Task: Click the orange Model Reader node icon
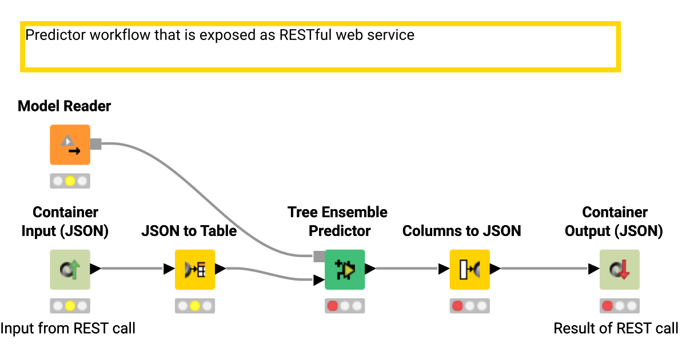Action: [x=70, y=145]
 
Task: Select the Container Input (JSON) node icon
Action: [x=70, y=269]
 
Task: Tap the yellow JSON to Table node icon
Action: [x=195, y=269]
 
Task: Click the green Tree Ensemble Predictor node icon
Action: [x=345, y=269]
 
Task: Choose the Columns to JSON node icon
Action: [x=469, y=269]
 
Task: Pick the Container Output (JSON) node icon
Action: [x=619, y=269]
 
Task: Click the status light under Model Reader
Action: [x=70, y=181]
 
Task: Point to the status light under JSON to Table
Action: [x=195, y=306]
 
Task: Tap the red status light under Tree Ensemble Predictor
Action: [x=333, y=306]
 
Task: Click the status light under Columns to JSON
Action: [x=469, y=306]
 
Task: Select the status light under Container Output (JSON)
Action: [x=619, y=306]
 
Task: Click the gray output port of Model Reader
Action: [x=95, y=144]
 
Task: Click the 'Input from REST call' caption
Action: [x=68, y=329]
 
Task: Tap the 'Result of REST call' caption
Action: [x=616, y=329]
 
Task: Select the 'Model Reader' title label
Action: [x=65, y=106]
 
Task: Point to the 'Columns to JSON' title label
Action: [x=462, y=231]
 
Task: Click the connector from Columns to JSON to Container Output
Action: [x=543, y=269]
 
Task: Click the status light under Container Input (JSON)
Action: [x=70, y=306]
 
